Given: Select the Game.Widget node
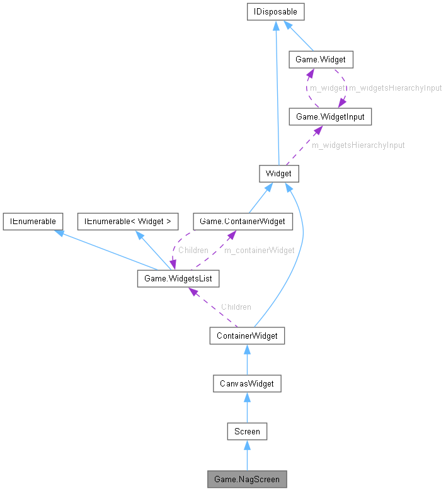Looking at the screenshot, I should point(320,60).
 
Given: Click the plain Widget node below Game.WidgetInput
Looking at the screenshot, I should point(278,173).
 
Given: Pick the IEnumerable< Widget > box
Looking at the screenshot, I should point(128,221).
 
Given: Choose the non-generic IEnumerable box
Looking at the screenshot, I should point(32,221).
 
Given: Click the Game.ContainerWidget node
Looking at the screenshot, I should point(242,221).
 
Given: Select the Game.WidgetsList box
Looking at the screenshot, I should point(178,278).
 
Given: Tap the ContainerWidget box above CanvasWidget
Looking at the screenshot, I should point(247,336).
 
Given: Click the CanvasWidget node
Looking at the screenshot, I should point(247,383).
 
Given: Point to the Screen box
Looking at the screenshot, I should point(247,431).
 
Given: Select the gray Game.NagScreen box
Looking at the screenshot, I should point(247,479).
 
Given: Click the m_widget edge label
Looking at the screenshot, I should point(327,88).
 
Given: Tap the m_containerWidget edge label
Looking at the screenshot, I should point(259,250).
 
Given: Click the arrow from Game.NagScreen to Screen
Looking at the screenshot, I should point(247,455).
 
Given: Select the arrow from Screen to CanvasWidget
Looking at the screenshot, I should point(247,407).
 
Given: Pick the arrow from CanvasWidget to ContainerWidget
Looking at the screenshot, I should point(247,359).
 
